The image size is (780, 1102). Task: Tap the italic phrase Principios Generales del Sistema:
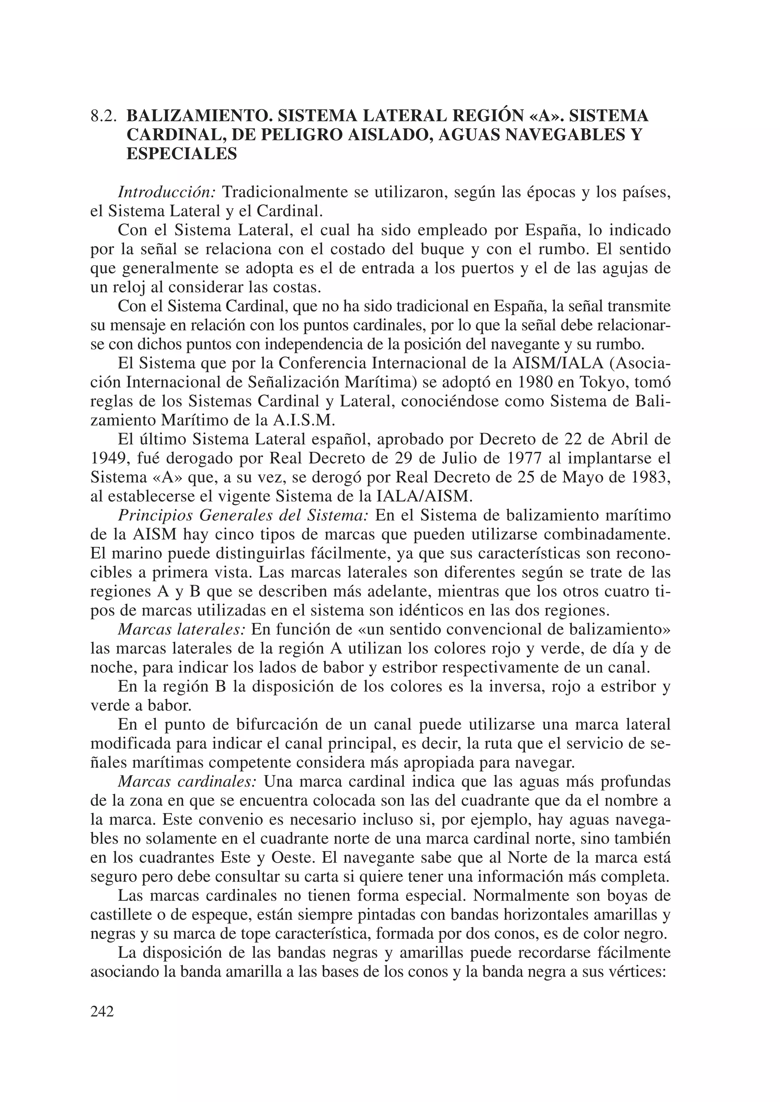243,515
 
